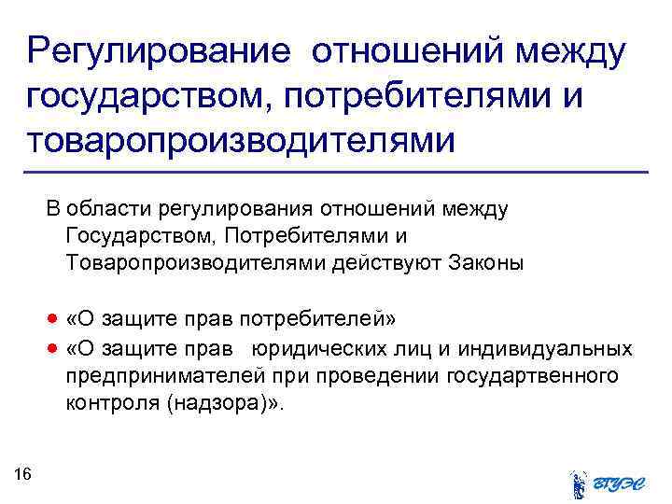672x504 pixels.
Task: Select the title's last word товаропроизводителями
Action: [242, 142]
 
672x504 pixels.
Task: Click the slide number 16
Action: [23, 475]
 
